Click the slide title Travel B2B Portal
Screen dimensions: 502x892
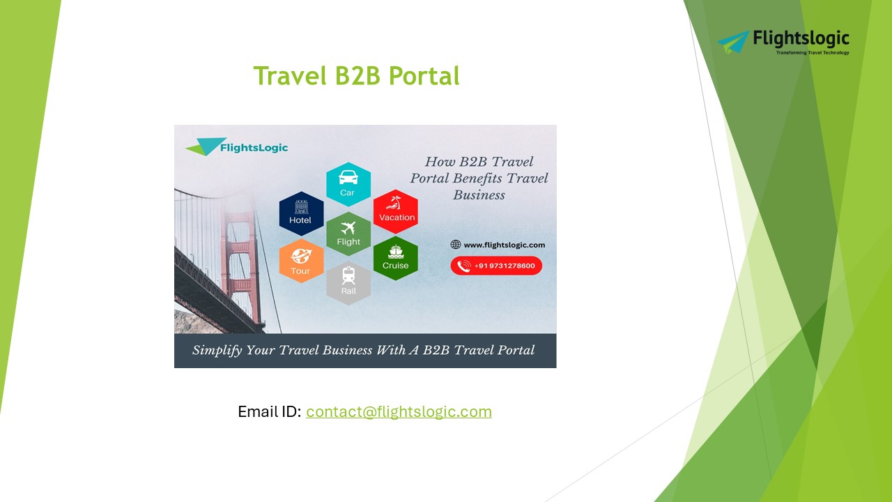[356, 76]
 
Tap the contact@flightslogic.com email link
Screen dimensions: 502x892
[399, 411]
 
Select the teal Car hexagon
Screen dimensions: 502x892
[348, 184]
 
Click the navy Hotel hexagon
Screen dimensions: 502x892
[301, 213]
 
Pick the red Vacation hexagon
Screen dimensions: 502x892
[396, 211]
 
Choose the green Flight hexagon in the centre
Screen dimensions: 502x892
[348, 234]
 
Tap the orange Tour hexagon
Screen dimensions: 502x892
[301, 261]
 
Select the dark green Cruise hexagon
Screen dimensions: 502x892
[395, 258]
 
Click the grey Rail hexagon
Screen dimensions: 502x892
[348, 282]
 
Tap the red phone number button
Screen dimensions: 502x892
[496, 266]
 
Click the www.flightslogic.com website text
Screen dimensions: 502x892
[504, 245]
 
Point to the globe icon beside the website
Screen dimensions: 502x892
[456, 245]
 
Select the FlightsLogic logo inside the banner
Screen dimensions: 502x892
[237, 147]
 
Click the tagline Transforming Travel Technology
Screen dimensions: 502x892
[813, 53]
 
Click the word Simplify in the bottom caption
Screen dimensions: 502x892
[217, 350]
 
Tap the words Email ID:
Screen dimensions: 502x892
[270, 411]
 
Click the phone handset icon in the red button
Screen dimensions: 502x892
[463, 266]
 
